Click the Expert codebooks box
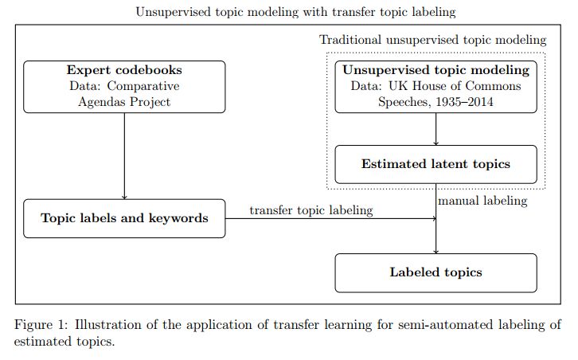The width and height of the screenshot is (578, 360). pyautogui.click(x=124, y=86)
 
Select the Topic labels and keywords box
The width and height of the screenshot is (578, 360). pyautogui.click(x=124, y=217)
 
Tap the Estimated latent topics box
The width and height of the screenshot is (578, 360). pyautogui.click(x=435, y=165)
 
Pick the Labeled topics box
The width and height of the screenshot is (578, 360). pyautogui.click(x=435, y=272)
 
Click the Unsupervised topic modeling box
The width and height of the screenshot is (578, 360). pyautogui.click(x=435, y=86)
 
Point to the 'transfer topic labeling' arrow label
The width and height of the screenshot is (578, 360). pyautogui.click(x=310, y=209)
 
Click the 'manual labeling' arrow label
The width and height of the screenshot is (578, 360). pyautogui.click(x=482, y=201)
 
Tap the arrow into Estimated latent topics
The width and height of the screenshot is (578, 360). pyautogui.click(x=435, y=129)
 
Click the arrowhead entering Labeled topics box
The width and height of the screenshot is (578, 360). pyautogui.click(x=435, y=250)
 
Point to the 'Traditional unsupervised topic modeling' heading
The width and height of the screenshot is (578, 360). pyautogui.click(x=433, y=40)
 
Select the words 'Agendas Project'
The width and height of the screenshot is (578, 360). pyautogui.click(x=124, y=102)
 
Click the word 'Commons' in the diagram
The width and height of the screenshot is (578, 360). pyautogui.click(x=496, y=86)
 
